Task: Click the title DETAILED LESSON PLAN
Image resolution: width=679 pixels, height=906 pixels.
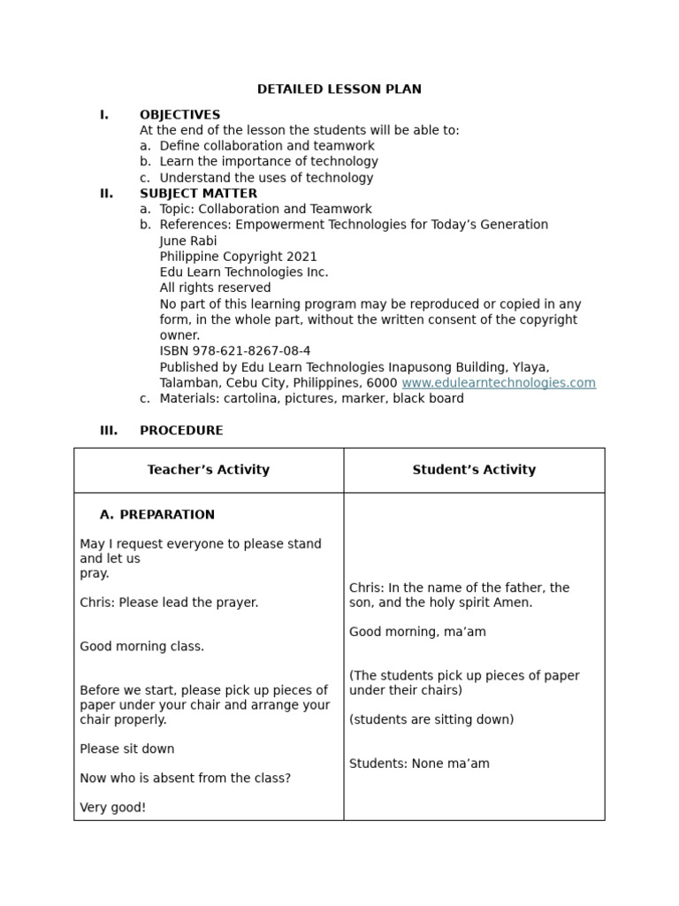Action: click(339, 89)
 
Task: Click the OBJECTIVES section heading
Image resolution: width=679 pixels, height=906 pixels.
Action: click(179, 115)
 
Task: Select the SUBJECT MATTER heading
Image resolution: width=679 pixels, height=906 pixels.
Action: click(198, 194)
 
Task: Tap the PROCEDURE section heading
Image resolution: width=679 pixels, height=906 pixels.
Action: click(181, 431)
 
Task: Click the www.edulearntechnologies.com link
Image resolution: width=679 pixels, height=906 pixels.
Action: click(499, 383)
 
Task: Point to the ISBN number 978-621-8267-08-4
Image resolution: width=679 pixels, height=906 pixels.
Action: click(235, 351)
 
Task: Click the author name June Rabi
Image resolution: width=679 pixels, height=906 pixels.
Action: click(188, 241)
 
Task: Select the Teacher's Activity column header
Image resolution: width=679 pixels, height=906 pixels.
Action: click(209, 470)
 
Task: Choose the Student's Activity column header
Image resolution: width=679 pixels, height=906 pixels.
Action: click(474, 470)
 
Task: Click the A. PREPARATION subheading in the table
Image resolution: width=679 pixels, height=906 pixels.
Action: click(157, 515)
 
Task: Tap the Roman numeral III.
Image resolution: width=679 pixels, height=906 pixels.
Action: click(108, 431)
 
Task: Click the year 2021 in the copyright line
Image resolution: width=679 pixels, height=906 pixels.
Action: click(301, 257)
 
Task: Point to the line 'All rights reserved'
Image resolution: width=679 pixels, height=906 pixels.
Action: click(215, 288)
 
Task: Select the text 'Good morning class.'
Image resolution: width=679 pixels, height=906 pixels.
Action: click(141, 647)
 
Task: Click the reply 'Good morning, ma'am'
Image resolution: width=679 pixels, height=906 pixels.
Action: click(417, 632)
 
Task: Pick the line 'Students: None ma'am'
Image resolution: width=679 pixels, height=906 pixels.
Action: click(419, 764)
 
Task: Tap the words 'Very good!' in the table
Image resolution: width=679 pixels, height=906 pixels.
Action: click(112, 808)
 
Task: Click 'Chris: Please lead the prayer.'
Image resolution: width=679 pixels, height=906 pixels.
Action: click(169, 603)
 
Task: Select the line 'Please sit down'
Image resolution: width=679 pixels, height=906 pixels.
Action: click(127, 749)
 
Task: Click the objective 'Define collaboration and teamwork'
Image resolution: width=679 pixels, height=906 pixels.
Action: click(267, 146)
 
